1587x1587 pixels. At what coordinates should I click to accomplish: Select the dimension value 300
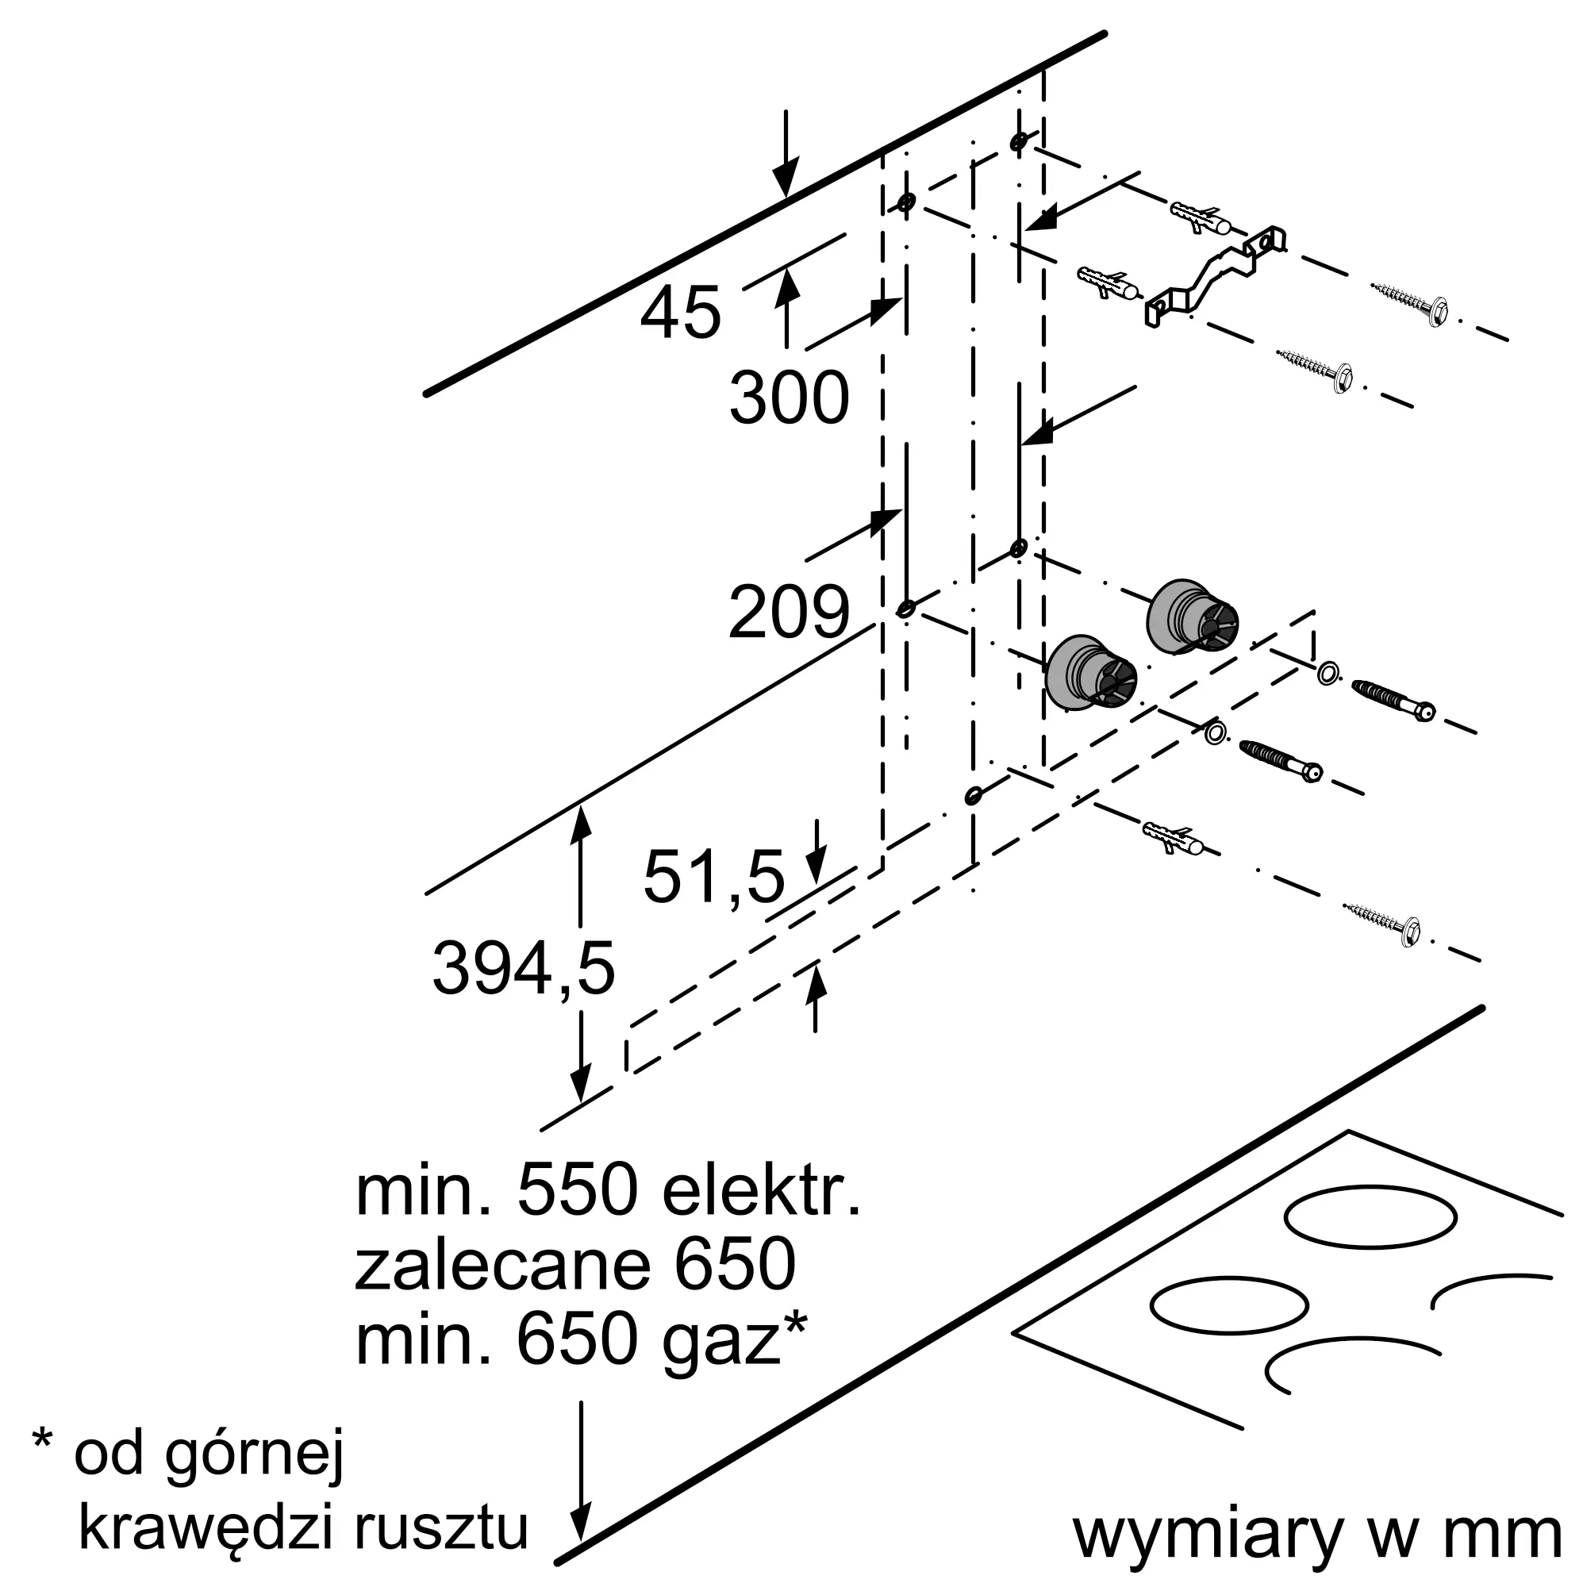789,398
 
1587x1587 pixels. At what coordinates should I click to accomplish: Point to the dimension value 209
788,612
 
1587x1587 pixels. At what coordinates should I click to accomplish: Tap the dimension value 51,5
714,877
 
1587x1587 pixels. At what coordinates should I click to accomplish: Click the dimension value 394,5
523,970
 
